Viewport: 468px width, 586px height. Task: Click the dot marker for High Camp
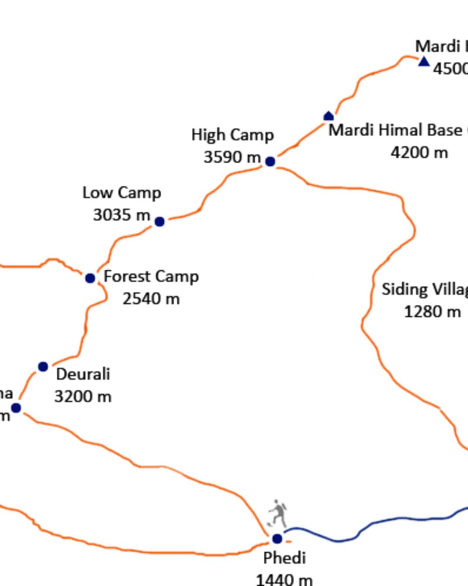click(270, 161)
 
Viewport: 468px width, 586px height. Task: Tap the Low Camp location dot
click(159, 221)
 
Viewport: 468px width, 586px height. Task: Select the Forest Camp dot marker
click(90, 278)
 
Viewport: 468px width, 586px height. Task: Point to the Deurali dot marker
click(43, 367)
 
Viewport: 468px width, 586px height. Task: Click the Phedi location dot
click(277, 539)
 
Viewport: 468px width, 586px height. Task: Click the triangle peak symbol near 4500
click(424, 62)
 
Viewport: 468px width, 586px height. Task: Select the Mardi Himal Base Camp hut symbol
click(328, 116)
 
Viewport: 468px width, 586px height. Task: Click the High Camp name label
click(232, 135)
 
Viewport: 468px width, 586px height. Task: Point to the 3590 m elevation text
click(232, 157)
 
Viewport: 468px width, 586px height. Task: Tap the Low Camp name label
click(122, 193)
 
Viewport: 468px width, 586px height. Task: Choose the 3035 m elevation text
click(122, 215)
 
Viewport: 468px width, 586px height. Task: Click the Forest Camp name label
click(151, 277)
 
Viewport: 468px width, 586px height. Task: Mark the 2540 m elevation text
click(151, 299)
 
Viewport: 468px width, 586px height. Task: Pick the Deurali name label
click(83, 374)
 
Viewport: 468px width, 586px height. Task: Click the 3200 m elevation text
click(83, 397)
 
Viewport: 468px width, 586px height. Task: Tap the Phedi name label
click(284, 558)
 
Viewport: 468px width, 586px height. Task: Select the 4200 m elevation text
click(419, 153)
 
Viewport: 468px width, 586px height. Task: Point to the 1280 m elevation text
click(432, 312)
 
